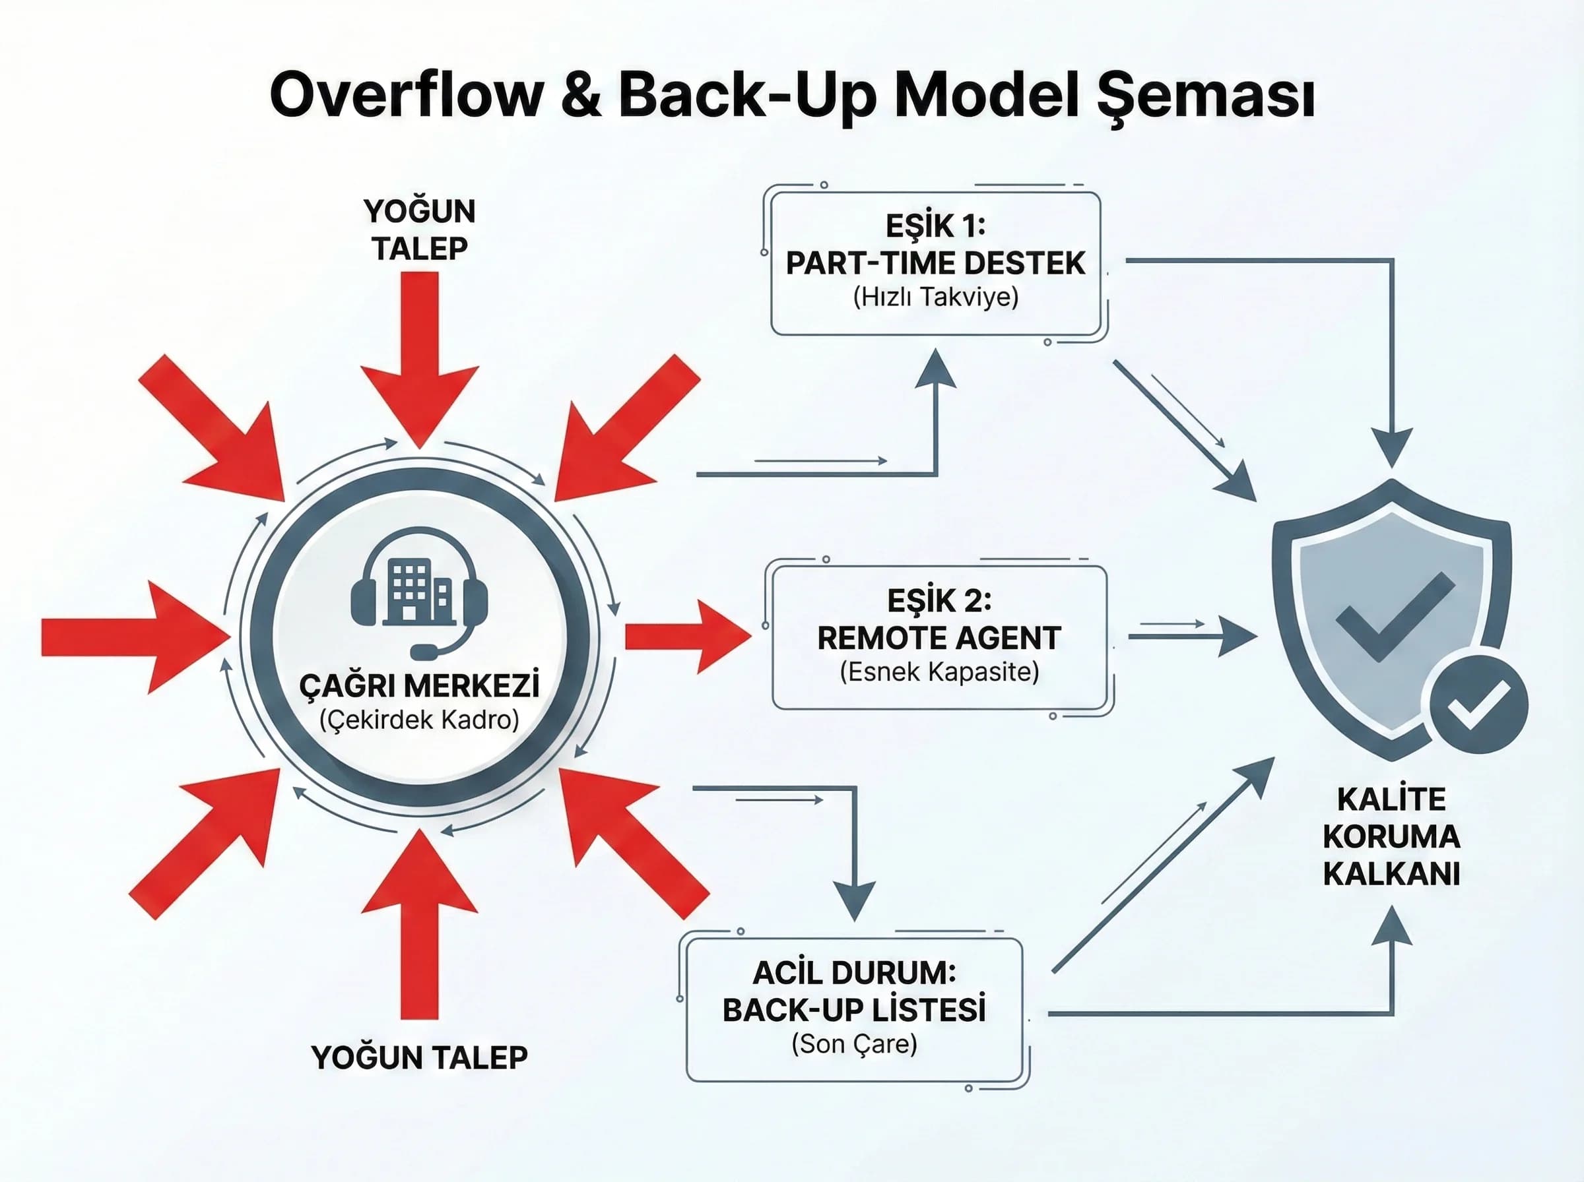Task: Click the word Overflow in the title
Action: coord(406,96)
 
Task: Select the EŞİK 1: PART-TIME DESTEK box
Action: coord(935,263)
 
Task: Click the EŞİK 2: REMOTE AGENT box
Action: coord(939,637)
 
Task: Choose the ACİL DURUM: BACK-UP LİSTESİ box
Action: coord(854,1011)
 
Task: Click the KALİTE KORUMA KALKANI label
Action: coord(1391,836)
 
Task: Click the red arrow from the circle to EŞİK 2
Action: coord(687,636)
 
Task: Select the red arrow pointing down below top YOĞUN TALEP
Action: coord(420,358)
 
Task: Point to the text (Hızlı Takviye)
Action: coord(935,297)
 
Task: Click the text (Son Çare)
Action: coord(854,1044)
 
